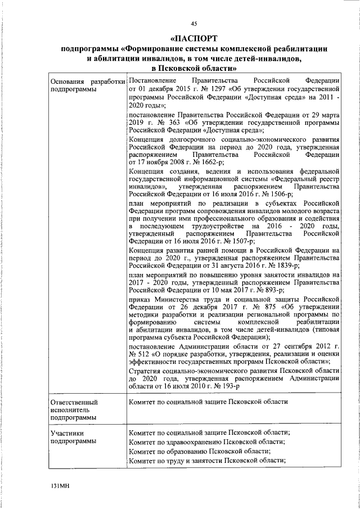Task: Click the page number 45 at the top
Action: point(193,23)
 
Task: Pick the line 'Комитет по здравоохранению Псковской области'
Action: point(206,442)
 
